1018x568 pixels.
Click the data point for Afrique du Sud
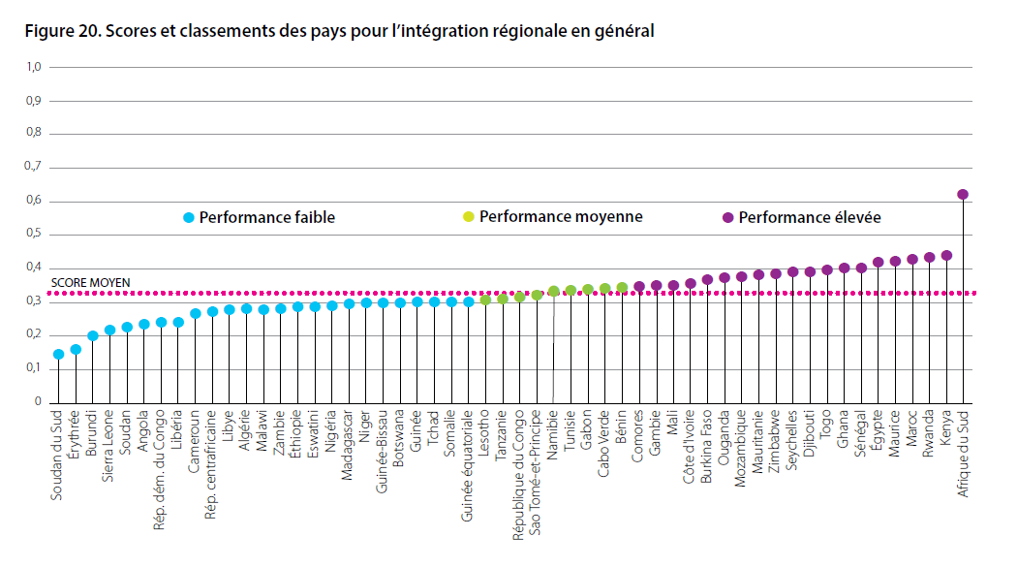point(963,195)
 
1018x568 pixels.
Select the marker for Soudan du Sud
point(58,355)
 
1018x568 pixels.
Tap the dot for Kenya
point(946,256)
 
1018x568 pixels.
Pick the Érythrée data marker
point(76,349)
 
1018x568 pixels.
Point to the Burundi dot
point(93,336)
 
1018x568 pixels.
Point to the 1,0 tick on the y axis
point(33,67)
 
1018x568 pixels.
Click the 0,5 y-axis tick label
point(33,235)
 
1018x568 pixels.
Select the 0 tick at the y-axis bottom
point(38,401)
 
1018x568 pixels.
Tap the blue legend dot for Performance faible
point(189,218)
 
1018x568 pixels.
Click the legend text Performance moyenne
point(561,217)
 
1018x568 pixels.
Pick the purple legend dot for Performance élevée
point(727,218)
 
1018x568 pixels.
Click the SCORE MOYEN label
point(90,284)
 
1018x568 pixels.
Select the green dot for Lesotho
point(485,300)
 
